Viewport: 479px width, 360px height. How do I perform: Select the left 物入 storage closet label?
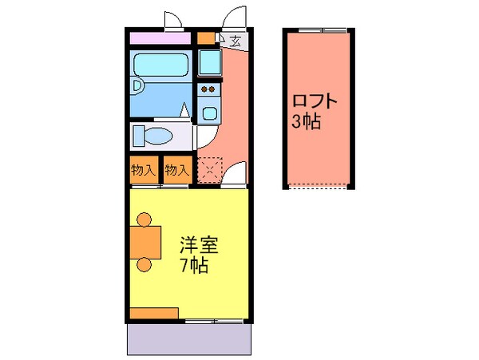coord(143,170)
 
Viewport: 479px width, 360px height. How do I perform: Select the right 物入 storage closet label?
coord(176,170)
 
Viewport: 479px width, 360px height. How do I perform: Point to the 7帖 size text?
coord(194,266)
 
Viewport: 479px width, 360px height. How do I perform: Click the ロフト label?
coord(315,103)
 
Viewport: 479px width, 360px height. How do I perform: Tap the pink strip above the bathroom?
coord(160,38)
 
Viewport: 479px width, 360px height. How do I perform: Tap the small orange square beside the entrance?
coord(207,38)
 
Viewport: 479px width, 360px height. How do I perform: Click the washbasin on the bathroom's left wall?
coord(137,85)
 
